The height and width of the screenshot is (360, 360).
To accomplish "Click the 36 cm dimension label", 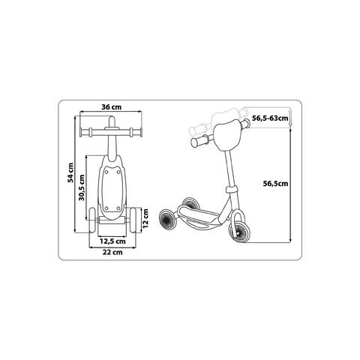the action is pos(112,107).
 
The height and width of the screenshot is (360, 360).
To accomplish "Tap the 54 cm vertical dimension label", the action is pos(71,172).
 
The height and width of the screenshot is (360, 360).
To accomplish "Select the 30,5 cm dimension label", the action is pos(82,187).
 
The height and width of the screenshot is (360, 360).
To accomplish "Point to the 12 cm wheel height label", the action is pos(145,218).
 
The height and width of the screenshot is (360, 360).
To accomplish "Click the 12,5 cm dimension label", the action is pos(112,241).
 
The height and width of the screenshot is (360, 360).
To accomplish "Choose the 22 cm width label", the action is pos(112,252).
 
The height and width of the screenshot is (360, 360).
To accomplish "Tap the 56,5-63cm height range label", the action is pos(270,118).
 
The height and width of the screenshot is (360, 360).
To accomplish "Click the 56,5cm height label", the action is pos(275,184).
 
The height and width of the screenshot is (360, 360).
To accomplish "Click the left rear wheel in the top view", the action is pos(92,220).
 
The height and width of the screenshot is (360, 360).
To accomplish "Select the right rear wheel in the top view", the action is pos(133,220).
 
